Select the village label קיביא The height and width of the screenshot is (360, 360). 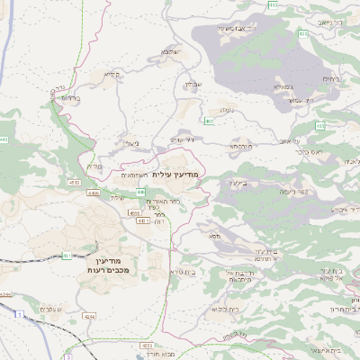[112, 75]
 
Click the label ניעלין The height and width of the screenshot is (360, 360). [131, 143]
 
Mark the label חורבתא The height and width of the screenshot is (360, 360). [240, 145]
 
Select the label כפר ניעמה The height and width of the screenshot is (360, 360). [291, 192]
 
